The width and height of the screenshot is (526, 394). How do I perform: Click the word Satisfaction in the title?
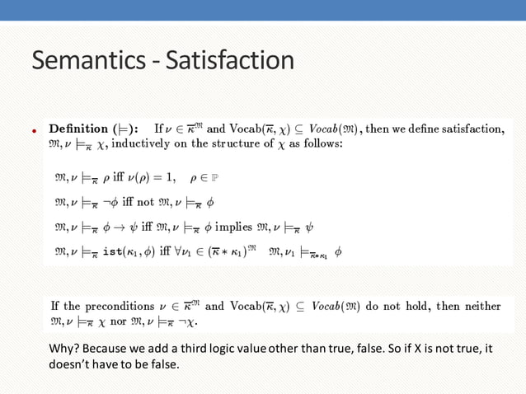pyautogui.click(x=229, y=60)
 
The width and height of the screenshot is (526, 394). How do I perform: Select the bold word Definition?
pyautogui.click(x=78, y=129)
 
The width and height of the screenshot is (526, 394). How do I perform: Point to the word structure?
pyautogui.click(x=238, y=143)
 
